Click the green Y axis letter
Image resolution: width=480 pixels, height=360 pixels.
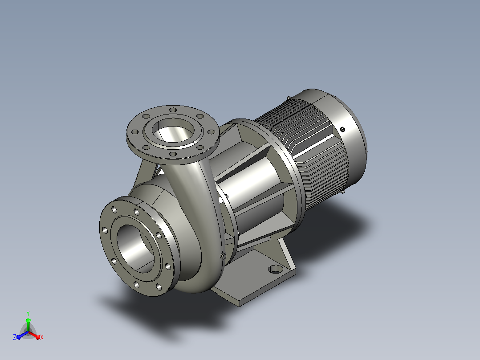coord(28,314)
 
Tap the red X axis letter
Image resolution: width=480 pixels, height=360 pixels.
coord(42,337)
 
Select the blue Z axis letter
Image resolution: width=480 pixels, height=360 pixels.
coord(14,337)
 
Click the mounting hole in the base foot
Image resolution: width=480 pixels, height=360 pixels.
coord(276,269)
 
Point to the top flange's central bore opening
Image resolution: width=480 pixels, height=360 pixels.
coord(173,130)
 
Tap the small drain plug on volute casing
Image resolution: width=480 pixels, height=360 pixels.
coord(223,256)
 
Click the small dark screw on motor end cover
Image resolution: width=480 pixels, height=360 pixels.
coord(342,129)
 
